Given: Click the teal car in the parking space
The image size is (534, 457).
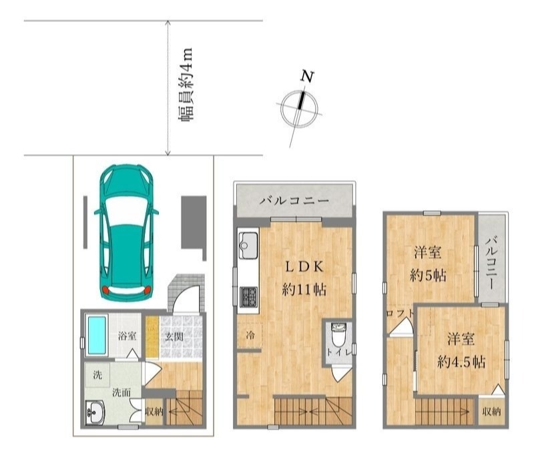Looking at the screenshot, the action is click(x=126, y=233).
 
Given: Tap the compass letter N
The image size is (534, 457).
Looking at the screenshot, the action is click(x=307, y=77).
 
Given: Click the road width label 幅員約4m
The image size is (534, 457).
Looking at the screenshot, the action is click(x=186, y=85).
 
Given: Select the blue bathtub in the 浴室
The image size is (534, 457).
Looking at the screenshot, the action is click(x=97, y=335).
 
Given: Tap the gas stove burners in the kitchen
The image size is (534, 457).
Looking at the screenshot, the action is click(x=248, y=297).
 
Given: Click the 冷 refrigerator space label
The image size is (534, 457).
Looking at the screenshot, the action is click(x=250, y=336).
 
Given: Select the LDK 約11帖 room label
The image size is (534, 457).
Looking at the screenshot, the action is click(x=304, y=278).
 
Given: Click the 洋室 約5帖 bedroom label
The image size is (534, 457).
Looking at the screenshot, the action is click(x=428, y=264).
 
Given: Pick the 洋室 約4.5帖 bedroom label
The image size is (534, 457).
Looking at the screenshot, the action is click(x=461, y=350).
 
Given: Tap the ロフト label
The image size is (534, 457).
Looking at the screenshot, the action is click(x=400, y=313).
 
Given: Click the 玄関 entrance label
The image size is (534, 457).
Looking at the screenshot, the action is click(x=175, y=336).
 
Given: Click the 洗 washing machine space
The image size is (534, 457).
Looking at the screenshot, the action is click(x=97, y=375).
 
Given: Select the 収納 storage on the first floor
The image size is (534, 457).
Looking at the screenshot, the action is click(x=154, y=412).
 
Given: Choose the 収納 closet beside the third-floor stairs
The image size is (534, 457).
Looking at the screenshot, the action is click(x=491, y=412).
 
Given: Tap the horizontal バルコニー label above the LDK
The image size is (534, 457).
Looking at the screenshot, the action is click(x=294, y=201).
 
